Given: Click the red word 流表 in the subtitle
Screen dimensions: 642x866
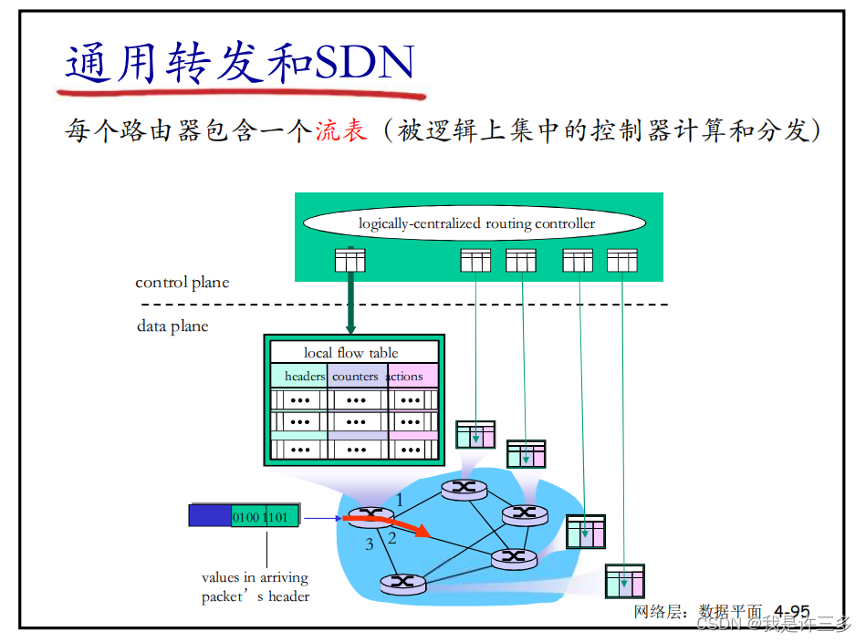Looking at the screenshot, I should pos(341,130).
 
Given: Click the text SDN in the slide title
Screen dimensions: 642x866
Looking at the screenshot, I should pos(365,62).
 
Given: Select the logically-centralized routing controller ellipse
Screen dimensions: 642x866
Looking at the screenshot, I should pos(475,223).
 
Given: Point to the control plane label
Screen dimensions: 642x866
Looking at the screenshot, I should pos(182,283).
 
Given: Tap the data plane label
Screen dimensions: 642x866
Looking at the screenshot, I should pos(172,326).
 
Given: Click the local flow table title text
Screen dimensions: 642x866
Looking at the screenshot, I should pos(351,353).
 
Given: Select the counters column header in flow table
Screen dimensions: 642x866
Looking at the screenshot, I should pos(355,376).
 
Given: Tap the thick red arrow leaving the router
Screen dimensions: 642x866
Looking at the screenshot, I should pos(392,526).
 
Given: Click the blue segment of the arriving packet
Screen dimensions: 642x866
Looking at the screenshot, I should pos(209,516).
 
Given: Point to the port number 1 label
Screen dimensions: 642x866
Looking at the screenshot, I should pos(399,499).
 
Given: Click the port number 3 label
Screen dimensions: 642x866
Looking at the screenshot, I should pos(369,545).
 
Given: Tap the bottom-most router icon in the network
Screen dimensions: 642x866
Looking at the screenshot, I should pos(403,582).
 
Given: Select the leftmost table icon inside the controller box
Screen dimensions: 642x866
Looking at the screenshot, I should pos(350,261).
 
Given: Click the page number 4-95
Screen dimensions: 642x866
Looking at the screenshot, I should pos(791,611).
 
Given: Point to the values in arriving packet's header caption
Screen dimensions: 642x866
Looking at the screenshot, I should pos(256,587).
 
